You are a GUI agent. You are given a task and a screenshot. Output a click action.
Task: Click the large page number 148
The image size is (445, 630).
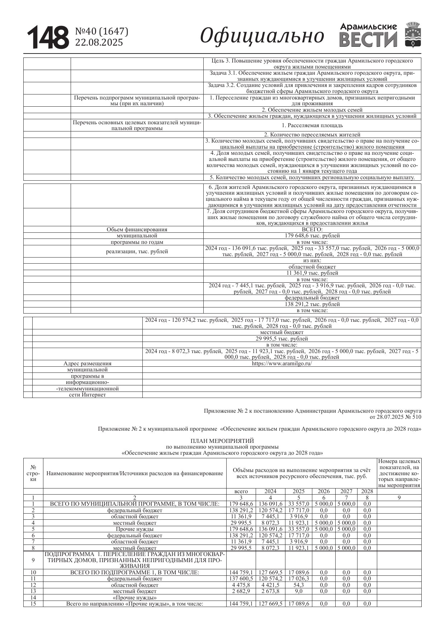click(48, 37)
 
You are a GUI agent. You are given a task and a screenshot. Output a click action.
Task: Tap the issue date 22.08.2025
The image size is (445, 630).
click(99, 42)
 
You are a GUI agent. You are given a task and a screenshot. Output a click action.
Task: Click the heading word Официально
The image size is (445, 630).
click(262, 36)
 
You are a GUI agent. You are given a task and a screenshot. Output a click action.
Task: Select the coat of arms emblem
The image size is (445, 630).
click(413, 35)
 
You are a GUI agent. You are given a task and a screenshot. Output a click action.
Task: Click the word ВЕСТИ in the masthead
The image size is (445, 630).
click(368, 40)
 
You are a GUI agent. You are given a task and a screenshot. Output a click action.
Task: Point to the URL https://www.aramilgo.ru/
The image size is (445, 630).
click(281, 363)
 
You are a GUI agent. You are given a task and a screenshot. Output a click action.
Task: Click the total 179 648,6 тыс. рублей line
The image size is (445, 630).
click(312, 236)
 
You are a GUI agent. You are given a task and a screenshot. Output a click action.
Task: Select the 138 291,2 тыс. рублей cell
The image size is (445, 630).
click(312, 304)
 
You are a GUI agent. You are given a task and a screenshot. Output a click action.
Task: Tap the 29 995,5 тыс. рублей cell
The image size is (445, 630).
click(281, 338)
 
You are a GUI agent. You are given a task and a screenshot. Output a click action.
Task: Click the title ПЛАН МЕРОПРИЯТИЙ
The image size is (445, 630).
click(222, 440)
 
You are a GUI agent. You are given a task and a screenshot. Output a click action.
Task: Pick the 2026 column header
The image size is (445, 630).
click(324, 491)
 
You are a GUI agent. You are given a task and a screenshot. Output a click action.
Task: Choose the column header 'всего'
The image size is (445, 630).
click(241, 491)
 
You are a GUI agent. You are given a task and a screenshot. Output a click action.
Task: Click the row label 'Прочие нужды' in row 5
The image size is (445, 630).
click(134, 529)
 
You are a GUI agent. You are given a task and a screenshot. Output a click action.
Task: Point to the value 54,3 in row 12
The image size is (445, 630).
click(299, 585)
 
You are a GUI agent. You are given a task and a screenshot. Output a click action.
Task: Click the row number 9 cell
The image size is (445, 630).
click(33, 560)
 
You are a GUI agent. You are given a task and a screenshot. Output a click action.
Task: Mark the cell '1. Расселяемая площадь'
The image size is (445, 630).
click(312, 125)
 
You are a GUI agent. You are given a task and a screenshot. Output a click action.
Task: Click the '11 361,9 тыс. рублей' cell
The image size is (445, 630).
click(312, 273)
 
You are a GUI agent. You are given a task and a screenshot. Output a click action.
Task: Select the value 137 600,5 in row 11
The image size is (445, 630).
click(241, 579)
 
